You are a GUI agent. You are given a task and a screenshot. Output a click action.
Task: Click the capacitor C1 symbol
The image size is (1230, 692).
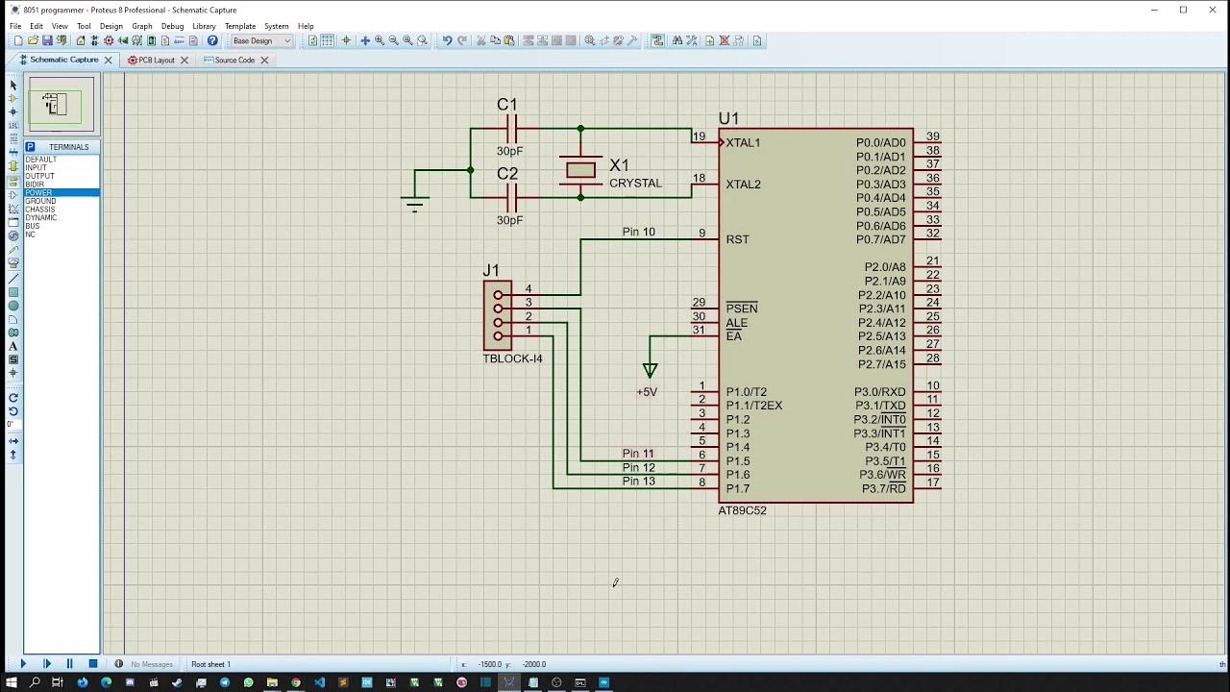[511, 128]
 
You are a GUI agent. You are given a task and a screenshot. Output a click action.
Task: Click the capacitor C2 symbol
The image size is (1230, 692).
[511, 197]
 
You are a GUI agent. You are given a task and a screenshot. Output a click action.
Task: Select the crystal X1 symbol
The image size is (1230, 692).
[580, 170]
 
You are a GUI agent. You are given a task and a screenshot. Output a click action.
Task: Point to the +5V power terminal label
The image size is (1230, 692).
[647, 392]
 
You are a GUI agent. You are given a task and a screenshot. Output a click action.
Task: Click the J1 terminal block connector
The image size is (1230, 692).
[498, 315]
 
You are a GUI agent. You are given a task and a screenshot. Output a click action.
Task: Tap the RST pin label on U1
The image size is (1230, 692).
[737, 239]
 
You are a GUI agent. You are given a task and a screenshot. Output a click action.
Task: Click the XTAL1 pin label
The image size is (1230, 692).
[743, 143]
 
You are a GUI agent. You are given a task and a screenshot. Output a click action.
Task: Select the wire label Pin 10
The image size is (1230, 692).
[638, 232]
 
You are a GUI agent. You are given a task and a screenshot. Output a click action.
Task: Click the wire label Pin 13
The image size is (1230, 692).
[638, 482]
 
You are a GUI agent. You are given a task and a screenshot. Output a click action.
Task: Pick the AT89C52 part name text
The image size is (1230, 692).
[742, 510]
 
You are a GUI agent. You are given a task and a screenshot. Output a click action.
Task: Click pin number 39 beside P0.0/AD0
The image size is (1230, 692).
[932, 136]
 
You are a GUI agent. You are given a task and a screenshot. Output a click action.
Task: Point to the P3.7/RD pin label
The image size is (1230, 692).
[883, 489]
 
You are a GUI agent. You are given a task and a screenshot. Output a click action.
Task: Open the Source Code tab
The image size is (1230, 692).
[234, 60]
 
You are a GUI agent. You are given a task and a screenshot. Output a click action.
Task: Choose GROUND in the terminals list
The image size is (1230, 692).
[40, 201]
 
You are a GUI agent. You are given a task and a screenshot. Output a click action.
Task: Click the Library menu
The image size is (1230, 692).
[204, 26]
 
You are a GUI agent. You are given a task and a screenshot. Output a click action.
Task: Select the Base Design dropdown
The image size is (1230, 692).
[261, 40]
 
